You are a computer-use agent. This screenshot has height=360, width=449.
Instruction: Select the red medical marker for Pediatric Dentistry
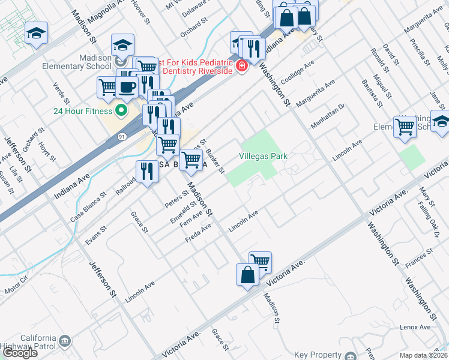coord(241,65)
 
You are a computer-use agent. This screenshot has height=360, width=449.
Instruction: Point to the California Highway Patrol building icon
coord(65,341)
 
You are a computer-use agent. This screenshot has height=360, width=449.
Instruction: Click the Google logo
coord(20,353)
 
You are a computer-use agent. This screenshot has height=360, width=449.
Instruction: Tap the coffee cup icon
coord(127,86)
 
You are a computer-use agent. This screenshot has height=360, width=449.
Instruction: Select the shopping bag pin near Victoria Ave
coord(247,275)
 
